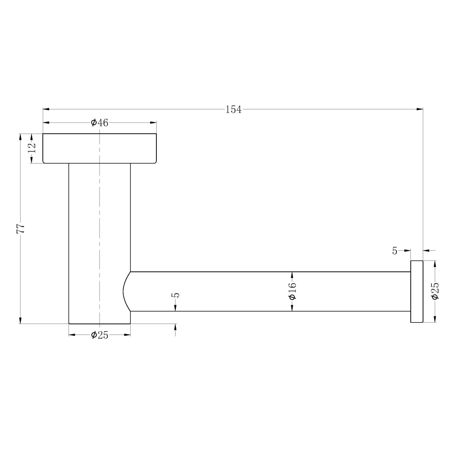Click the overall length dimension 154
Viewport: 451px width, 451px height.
click(x=233, y=110)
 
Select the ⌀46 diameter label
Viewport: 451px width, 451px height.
click(x=100, y=123)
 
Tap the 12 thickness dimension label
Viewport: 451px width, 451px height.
click(x=32, y=147)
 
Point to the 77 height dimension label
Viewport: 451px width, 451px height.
click(x=21, y=228)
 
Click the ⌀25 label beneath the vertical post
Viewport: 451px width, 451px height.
click(x=100, y=335)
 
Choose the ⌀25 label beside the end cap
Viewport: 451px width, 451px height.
click(x=435, y=291)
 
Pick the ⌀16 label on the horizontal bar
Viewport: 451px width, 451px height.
click(x=293, y=291)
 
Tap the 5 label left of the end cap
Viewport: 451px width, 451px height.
click(x=395, y=251)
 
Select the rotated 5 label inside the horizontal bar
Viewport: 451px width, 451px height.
click(x=176, y=295)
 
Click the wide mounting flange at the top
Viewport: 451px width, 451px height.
click(x=100, y=148)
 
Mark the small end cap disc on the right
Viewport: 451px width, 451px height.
click(x=416, y=292)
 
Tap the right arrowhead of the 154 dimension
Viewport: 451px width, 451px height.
click(x=420, y=109)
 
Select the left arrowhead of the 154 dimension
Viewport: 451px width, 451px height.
click(x=46, y=109)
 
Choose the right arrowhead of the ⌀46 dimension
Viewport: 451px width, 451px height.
click(x=153, y=123)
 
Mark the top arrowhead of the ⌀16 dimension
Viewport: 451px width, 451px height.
click(x=293, y=274)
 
